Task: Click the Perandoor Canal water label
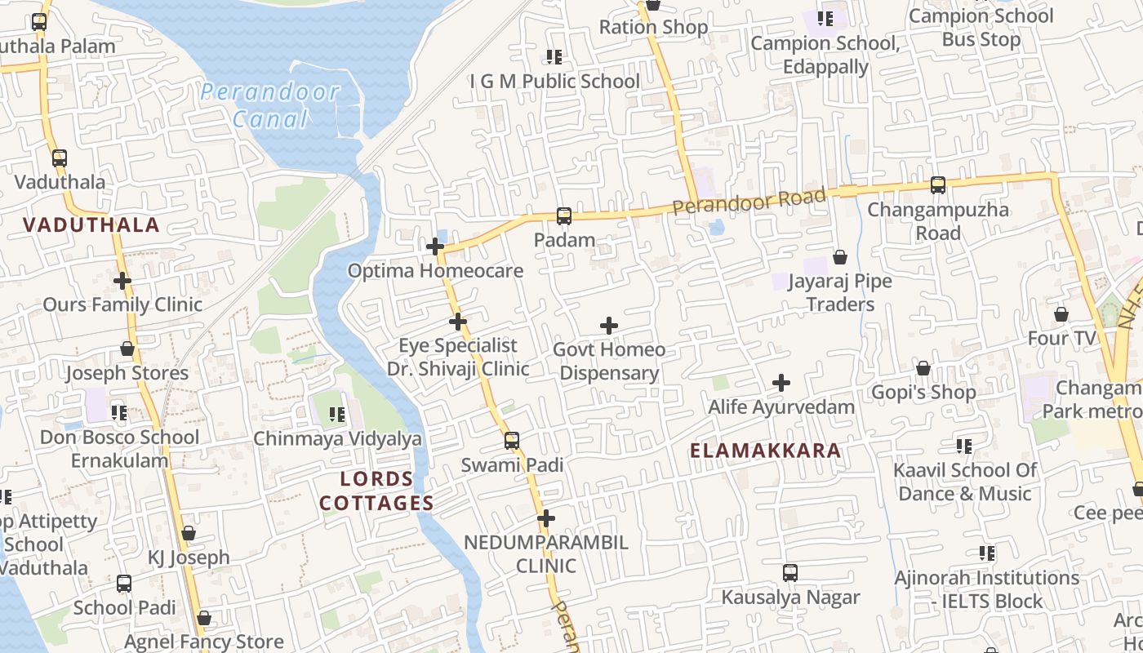point(269,105)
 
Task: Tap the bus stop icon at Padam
point(564,216)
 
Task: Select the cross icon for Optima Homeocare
point(435,247)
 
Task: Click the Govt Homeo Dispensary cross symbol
point(608,326)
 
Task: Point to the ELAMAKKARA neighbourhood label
point(765,451)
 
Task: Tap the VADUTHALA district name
point(91,225)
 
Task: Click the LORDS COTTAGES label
point(376,491)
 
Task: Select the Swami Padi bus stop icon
point(512,441)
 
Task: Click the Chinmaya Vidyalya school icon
point(337,415)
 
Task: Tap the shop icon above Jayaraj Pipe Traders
point(840,258)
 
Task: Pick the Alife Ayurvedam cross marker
point(781,383)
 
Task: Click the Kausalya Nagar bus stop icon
point(790,573)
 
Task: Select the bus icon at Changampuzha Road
point(938,185)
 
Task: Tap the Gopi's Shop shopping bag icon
point(923,368)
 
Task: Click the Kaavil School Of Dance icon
point(964,446)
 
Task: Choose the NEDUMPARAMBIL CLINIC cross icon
point(546,518)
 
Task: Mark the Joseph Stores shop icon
point(127,349)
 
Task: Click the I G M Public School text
point(554,82)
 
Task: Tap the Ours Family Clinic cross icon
point(122,281)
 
